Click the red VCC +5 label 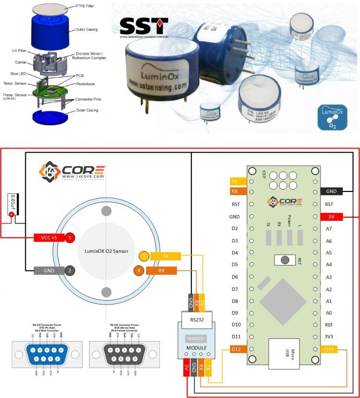[49, 237]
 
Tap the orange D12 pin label [236, 349]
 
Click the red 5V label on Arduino [331, 216]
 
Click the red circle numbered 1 [70, 237]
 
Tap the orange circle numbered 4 [139, 270]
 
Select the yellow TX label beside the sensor [165, 256]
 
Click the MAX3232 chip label [196, 338]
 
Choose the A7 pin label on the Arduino [329, 228]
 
